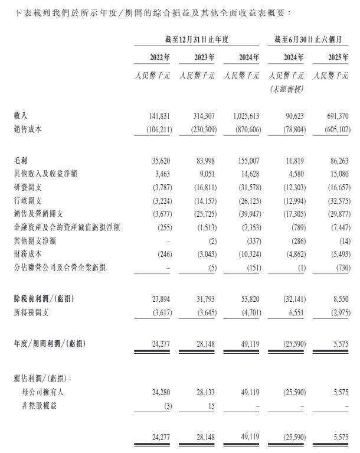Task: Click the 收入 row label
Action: coord(21,117)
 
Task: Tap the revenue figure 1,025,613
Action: coord(243,117)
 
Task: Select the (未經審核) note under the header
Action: coord(286,89)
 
